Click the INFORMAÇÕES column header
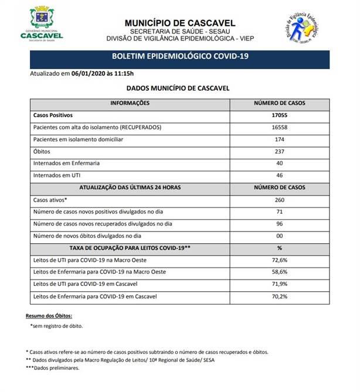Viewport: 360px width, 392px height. coord(130,103)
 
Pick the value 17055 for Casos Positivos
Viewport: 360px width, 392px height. coord(280,115)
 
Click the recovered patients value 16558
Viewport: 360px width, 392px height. coord(280,127)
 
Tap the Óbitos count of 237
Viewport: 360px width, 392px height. coord(280,151)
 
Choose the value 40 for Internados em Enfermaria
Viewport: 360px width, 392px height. coord(280,163)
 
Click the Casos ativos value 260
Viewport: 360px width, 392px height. coord(280,200)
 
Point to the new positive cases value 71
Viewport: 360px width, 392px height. coord(280,212)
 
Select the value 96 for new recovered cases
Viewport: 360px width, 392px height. coord(280,224)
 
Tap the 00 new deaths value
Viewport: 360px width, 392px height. coord(280,236)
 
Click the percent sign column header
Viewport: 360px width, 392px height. coord(280,248)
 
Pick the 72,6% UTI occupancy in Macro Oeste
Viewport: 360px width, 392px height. coord(280,260)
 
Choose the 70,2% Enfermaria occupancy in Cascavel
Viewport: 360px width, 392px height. coord(280,296)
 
